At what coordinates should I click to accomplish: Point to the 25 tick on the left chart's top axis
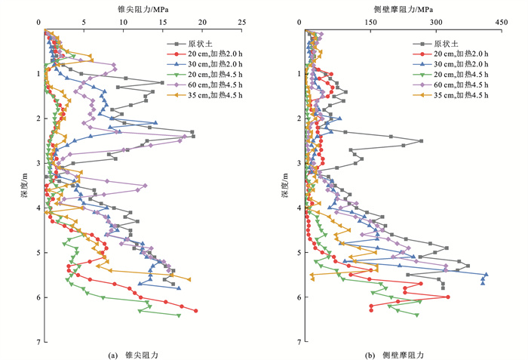click(241, 23)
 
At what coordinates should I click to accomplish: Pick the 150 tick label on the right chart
click(370, 23)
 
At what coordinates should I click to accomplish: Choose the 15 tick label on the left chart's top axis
click(162, 23)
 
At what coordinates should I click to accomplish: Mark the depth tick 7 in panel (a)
click(38, 342)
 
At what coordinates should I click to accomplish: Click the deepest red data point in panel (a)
click(195, 311)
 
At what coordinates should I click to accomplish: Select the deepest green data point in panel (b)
click(417, 315)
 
